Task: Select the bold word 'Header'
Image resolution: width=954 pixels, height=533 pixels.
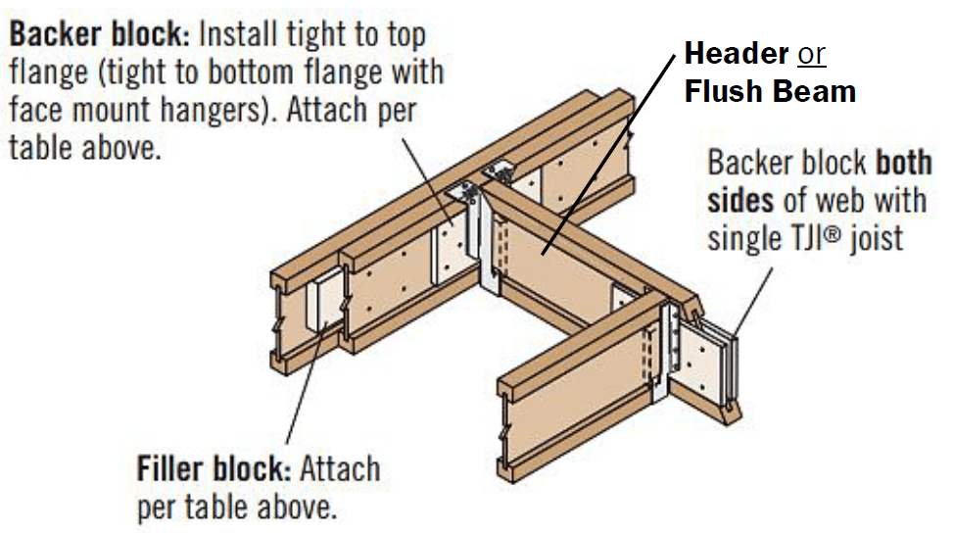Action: pyautogui.click(x=736, y=52)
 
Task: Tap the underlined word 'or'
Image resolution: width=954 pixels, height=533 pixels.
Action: pyautogui.click(x=812, y=53)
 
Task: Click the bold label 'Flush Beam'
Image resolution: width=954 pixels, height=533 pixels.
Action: pyautogui.click(x=770, y=92)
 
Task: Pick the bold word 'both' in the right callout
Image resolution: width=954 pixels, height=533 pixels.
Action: pyautogui.click(x=901, y=162)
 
